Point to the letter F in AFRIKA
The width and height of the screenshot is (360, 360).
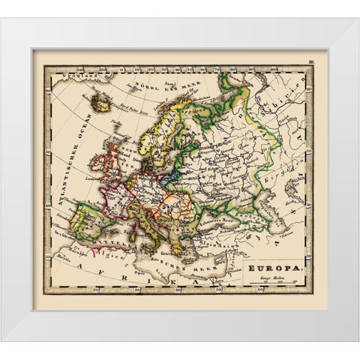(106, 273)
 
